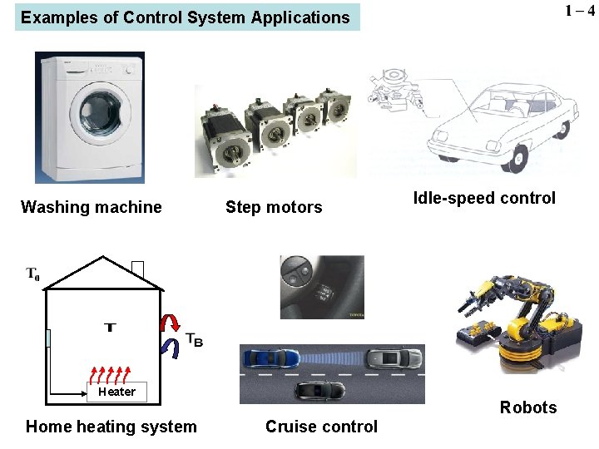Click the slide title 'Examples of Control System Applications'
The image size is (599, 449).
coord(186,17)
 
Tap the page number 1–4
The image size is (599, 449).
coord(579,12)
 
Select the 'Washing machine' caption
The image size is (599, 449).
coord(92,207)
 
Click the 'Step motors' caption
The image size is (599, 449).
coord(274,207)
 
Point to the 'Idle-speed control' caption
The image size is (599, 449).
coord(484,198)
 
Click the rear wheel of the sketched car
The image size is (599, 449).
coord(521,155)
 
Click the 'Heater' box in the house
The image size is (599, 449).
coord(116,392)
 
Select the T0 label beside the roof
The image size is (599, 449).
coord(33,273)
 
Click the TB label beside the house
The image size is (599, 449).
coord(194,339)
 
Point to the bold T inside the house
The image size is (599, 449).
coord(109,327)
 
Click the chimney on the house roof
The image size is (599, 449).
coord(137,269)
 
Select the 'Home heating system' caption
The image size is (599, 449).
coord(111,427)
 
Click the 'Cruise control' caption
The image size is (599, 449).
coord(321,427)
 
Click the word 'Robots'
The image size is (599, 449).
coord(528,407)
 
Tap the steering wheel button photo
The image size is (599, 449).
coord(322,287)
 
